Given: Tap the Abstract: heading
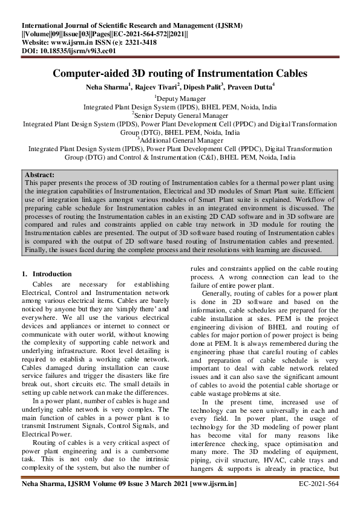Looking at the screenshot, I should click(41, 174).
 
